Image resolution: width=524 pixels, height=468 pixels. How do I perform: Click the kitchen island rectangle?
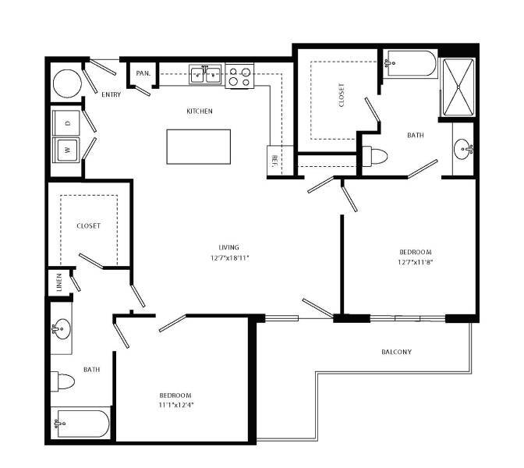(199, 146)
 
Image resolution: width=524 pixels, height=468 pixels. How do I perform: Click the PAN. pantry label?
(143, 73)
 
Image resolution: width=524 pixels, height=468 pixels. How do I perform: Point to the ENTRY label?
(112, 94)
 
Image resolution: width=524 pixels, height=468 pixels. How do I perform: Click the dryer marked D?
(67, 122)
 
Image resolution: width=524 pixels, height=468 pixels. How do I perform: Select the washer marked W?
(67, 148)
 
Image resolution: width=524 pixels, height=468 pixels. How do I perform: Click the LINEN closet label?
(58, 283)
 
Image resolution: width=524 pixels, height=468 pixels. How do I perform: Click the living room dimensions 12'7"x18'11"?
(229, 257)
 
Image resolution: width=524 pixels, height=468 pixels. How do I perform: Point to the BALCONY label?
(396, 352)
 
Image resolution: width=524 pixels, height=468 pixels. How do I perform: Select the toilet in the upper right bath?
(376, 156)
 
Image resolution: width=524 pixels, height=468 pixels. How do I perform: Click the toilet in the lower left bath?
(64, 382)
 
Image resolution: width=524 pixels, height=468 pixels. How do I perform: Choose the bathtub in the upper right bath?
(412, 64)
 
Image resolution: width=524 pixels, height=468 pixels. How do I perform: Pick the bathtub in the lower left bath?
(80, 424)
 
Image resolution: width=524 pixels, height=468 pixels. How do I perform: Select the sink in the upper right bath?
(465, 147)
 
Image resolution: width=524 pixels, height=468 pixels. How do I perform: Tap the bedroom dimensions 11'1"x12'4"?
(175, 405)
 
